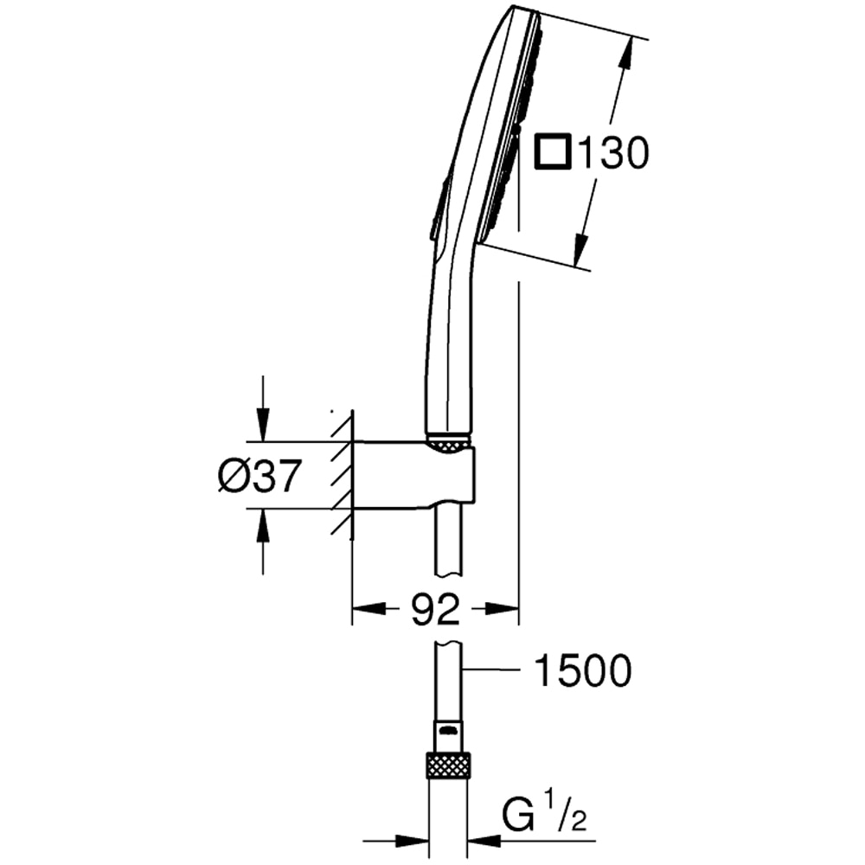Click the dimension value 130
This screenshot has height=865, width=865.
pyautogui.click(x=613, y=153)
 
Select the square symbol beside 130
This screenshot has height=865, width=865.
pyautogui.click(x=554, y=151)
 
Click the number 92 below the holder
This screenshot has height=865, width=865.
pyautogui.click(x=436, y=608)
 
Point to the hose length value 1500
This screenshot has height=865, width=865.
pyautogui.click(x=583, y=670)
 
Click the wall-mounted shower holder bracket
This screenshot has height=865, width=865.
pyautogui.click(x=413, y=474)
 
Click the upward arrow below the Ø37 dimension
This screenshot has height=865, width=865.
pyautogui.click(x=263, y=541)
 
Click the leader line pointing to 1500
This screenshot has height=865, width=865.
pyautogui.click(x=491, y=670)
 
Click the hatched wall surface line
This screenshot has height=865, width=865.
pyautogui.click(x=352, y=474)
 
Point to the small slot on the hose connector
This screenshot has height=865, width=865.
pyautogui.click(x=449, y=732)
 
